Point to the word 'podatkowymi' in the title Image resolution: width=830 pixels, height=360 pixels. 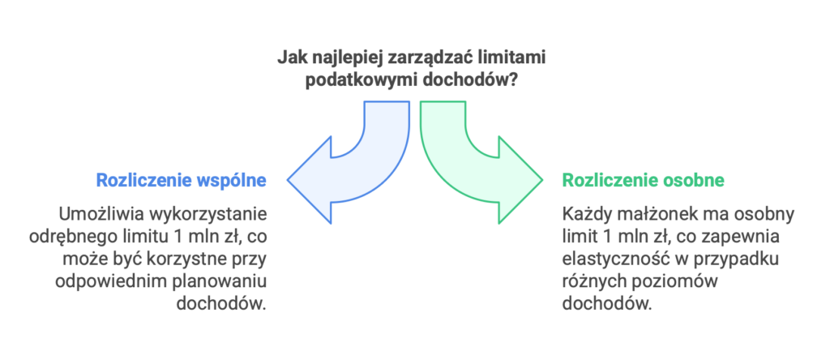[350, 81]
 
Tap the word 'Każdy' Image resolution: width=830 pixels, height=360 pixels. [583, 215]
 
